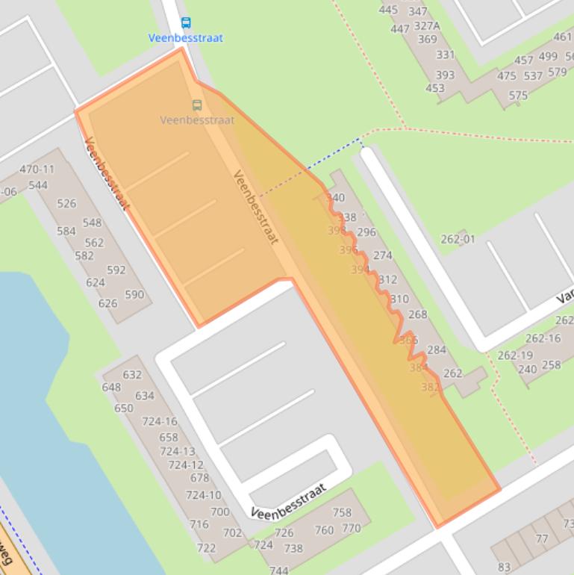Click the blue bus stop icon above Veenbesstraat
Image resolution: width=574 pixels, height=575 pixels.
click(186, 23)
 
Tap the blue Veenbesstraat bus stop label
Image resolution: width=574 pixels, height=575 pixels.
click(185, 37)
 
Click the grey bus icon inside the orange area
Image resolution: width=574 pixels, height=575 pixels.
click(197, 105)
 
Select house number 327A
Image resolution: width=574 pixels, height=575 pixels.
click(427, 25)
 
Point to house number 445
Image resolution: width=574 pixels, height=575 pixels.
click(388, 10)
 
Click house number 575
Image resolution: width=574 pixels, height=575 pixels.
click(518, 95)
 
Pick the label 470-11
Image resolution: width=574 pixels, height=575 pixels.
click(37, 170)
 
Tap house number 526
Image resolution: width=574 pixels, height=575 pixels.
click(66, 203)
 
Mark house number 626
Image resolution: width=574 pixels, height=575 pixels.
click(107, 303)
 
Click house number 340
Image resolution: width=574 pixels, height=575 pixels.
click(336, 198)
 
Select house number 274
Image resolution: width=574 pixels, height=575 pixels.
click(383, 255)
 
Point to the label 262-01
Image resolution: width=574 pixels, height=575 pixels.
click(458, 239)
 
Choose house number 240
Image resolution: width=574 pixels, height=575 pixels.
click(527, 369)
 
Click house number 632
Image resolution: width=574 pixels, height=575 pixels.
click(132, 375)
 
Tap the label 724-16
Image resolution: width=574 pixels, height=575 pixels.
click(160, 422)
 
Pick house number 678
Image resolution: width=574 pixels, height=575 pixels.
click(199, 478)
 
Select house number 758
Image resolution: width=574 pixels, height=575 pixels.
click(342, 512)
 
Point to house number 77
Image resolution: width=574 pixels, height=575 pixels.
click(542, 538)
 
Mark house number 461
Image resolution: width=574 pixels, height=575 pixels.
click(563, 37)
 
